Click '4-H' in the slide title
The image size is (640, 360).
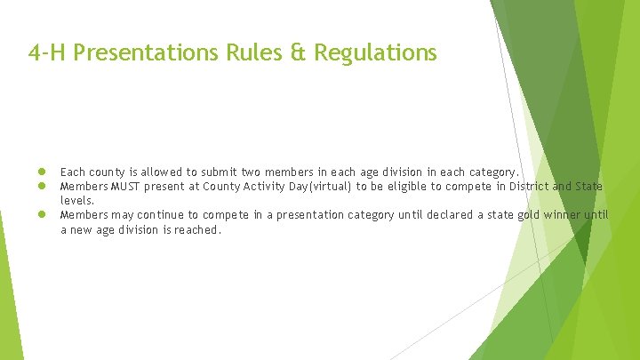[x=47, y=53]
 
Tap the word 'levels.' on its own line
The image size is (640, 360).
[x=76, y=201]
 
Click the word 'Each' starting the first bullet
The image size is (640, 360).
[x=73, y=172]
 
